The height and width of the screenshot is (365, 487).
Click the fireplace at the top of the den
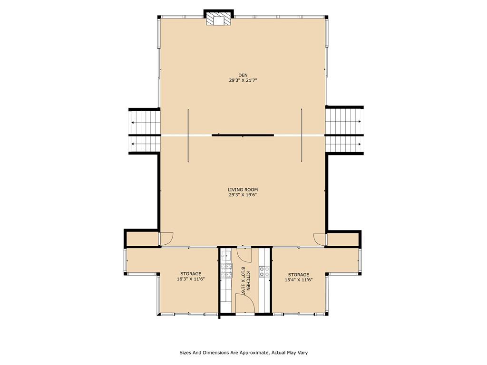219,18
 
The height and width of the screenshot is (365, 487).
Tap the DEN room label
243,75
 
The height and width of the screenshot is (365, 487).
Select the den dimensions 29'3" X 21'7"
243,80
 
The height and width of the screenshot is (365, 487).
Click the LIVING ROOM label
243,190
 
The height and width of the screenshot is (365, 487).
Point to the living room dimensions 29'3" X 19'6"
243,195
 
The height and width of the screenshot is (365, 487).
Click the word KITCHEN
248,280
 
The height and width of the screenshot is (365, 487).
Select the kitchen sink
225,255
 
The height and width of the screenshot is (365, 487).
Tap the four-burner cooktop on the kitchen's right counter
264,271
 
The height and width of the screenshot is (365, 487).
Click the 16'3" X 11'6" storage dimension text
191,279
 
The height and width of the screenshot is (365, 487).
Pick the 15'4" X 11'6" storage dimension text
299,280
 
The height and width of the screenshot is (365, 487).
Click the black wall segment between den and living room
243,135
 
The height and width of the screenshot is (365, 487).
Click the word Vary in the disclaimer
303,353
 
